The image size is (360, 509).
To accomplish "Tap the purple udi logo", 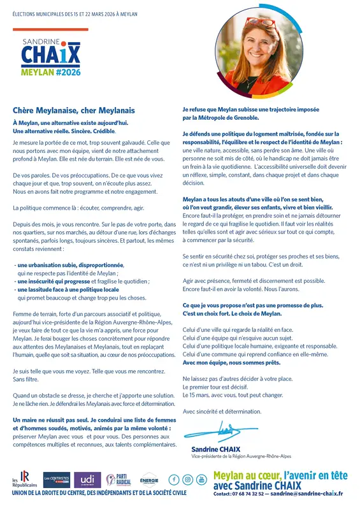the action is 87,479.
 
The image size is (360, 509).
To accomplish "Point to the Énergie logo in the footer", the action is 148,480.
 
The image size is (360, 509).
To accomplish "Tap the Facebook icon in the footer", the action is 174,479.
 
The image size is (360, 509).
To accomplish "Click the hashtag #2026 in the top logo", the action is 66,73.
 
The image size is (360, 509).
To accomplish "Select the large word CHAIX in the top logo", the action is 50,55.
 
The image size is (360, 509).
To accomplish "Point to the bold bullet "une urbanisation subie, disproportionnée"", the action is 70,264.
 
